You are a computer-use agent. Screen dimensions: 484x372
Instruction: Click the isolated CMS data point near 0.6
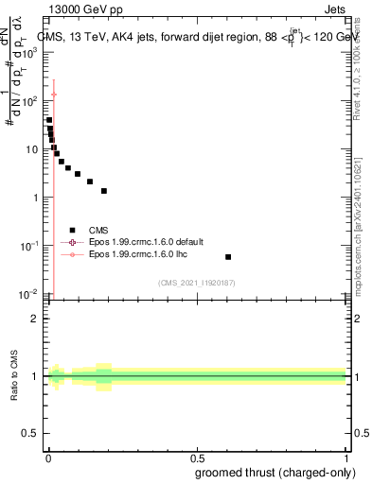228,257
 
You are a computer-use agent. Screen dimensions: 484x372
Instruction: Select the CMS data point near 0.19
104,191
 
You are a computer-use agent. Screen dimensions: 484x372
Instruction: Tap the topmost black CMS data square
49,120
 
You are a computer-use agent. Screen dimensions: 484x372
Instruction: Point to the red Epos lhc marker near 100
54,95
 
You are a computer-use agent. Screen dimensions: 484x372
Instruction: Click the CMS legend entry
98,230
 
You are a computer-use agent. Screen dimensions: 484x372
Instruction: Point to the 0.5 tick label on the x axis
197,458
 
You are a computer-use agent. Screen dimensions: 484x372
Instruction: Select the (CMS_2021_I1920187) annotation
196,283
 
